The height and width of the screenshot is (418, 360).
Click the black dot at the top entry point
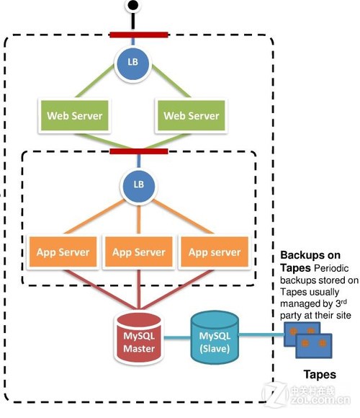[132, 6]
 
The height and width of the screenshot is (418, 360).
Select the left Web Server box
[74, 115]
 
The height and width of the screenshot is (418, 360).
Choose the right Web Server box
[191, 115]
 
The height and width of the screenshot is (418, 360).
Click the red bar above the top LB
[139, 34]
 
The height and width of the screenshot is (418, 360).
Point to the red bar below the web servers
[139, 151]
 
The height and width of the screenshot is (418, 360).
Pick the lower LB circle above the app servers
[139, 184]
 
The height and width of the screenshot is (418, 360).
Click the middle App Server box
[139, 252]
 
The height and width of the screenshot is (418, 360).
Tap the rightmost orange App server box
[215, 252]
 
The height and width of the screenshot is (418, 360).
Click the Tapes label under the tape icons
[319, 374]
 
